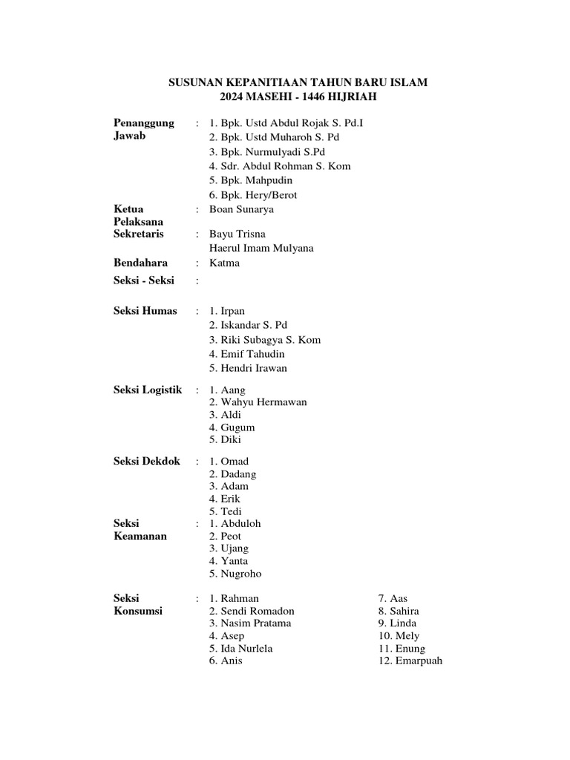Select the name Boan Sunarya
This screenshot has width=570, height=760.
coord(241,209)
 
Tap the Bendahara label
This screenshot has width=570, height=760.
coord(140,263)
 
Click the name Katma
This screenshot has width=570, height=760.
coord(224,263)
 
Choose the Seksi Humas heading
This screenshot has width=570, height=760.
coord(145,311)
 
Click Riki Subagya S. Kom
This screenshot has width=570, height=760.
coord(265,340)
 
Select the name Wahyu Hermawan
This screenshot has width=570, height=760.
coord(258,402)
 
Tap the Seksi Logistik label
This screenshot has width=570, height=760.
coord(147,390)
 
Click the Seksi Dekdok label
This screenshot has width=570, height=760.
coord(146,462)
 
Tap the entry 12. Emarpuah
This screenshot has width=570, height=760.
coord(410,661)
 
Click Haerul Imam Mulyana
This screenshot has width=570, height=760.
coord(261,248)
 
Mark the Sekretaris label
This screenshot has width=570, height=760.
coord(139,234)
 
